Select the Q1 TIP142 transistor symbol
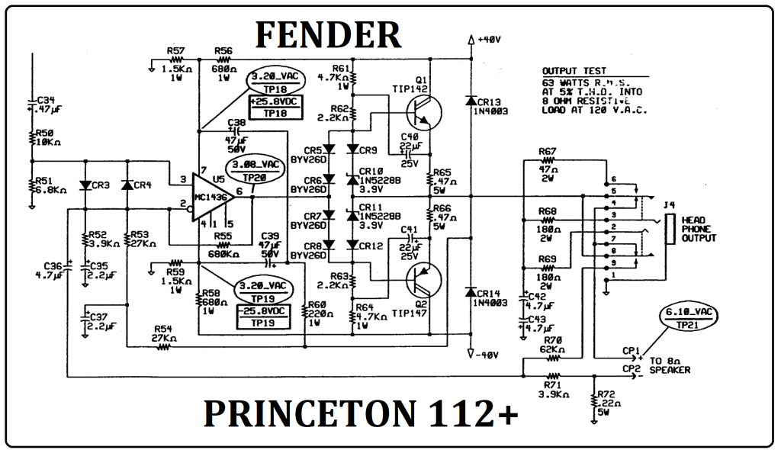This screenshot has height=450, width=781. pyautogui.click(x=422, y=113)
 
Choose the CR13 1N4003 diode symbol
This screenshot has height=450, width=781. pyautogui.click(x=471, y=101)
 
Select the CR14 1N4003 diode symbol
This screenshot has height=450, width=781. pyautogui.click(x=471, y=292)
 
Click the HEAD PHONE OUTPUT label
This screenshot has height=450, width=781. pyautogui.click(x=699, y=228)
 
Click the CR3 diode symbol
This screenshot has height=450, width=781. pyautogui.click(x=85, y=185)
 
